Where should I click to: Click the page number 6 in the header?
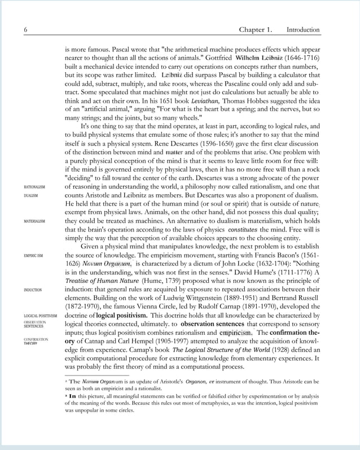click(25, 30)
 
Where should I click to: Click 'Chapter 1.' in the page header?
click(255, 30)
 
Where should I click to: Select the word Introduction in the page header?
click(303, 30)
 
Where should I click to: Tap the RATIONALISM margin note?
click(34, 187)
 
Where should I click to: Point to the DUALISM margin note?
click(31, 196)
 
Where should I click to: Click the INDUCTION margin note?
click(33, 290)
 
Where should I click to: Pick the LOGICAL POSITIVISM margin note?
click(40, 316)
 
